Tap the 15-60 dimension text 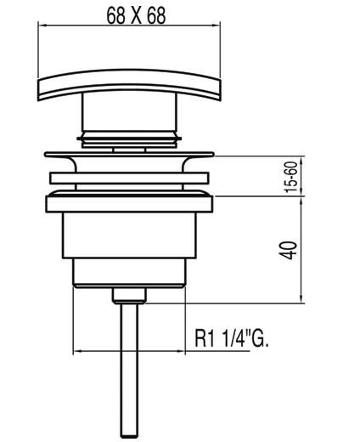pyautogui.click(x=290, y=178)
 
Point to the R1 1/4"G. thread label pyautogui.click(x=232, y=337)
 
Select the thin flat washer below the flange pyautogui.click(x=129, y=178)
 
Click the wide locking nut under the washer pyautogui.click(x=129, y=203)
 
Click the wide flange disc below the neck pyautogui.click(x=129, y=156)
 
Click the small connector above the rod pyautogui.click(x=129, y=295)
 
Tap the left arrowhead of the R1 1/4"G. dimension pyautogui.click(x=77, y=350)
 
